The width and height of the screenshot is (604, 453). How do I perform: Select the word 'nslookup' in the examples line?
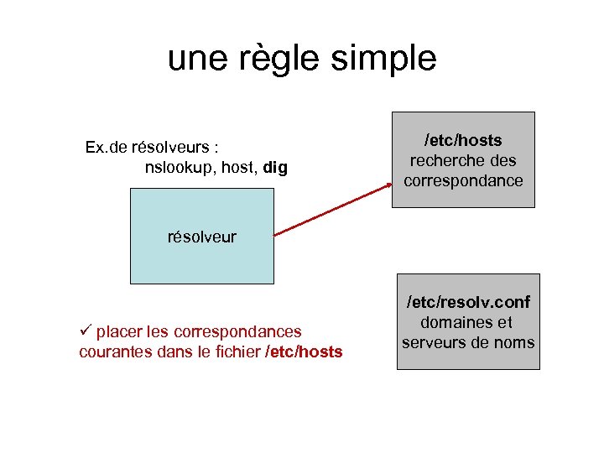[180, 168]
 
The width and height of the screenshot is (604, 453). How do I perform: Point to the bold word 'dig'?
[275, 168]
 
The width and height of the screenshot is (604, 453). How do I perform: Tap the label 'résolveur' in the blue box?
[202, 237]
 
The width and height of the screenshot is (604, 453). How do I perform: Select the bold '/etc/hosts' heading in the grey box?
[463, 140]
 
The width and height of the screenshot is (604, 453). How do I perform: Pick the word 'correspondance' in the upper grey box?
[463, 180]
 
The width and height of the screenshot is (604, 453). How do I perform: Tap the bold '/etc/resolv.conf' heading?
[468, 301]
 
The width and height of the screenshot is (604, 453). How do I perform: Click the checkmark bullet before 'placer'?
[85, 331]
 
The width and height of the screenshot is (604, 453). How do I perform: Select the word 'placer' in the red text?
[120, 332]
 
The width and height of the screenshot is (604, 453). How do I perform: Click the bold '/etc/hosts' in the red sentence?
[304, 352]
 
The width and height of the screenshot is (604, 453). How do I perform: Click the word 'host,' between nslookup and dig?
[240, 168]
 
